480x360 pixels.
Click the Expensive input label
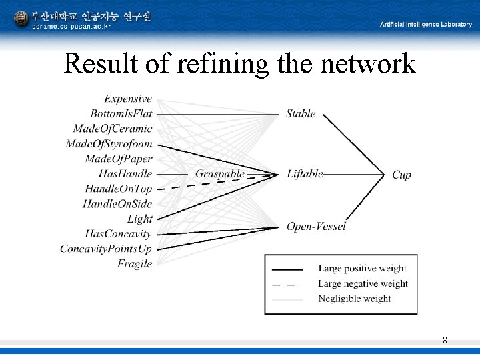128,99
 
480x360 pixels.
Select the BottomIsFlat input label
121,113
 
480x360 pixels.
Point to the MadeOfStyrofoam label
109,144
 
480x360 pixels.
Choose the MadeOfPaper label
119,159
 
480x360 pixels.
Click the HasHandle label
125,174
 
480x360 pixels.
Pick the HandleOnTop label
119,189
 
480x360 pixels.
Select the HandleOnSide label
117,204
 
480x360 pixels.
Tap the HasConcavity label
118,234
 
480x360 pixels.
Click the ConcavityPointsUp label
106,249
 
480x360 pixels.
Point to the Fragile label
135,264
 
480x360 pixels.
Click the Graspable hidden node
220,174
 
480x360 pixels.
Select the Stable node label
301,113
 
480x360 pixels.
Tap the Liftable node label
305,174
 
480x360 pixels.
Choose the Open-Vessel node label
316,227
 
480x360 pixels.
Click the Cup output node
401,175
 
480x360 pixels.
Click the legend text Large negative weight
363,283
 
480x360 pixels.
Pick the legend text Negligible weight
354,298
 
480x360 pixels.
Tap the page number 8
445,341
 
